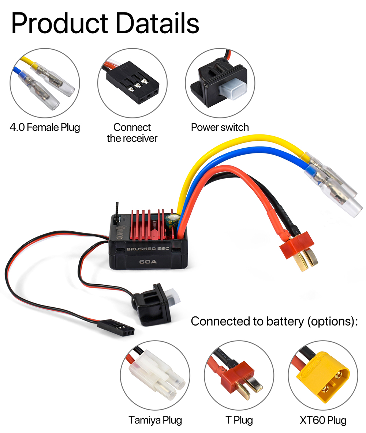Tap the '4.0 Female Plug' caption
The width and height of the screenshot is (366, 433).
point(45,127)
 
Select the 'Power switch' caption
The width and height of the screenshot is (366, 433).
point(220,127)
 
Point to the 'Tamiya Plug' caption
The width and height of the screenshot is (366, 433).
point(155,420)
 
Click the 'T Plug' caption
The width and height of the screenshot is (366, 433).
point(239,420)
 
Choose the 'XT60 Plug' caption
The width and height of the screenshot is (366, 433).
point(323,420)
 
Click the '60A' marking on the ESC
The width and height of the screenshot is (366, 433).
point(148,262)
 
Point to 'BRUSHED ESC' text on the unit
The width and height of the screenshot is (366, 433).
point(148,249)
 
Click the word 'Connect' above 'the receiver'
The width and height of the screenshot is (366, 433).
point(132,127)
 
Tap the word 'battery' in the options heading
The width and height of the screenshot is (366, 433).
point(285,322)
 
